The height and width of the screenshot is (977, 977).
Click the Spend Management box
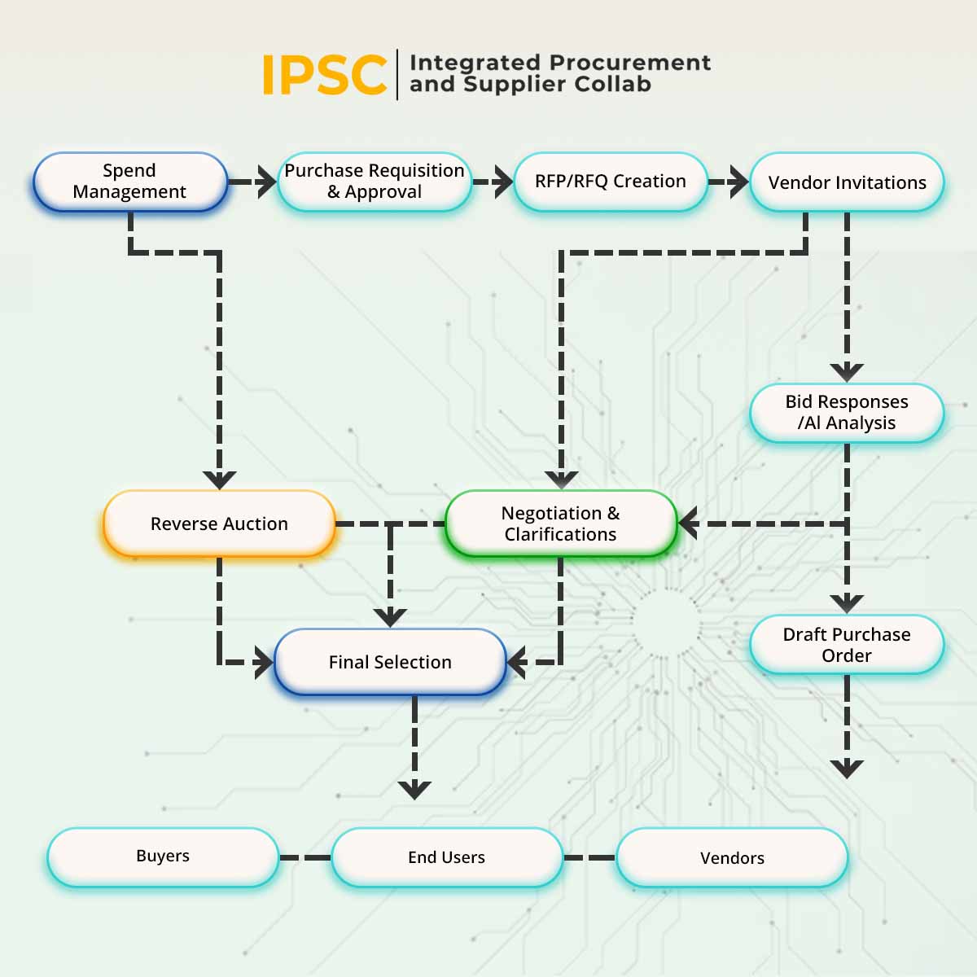coord(129,182)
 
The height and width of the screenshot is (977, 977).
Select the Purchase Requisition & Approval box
coord(375,182)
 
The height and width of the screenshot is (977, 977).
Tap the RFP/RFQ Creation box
coord(611,182)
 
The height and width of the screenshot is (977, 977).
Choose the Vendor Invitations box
coord(847,182)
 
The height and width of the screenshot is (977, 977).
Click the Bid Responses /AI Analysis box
coord(847,413)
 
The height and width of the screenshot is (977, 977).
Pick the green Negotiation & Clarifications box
coord(561,524)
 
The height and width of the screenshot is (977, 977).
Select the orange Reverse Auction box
coord(219,524)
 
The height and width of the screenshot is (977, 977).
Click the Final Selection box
coord(390,662)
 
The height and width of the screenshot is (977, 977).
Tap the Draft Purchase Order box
coord(847,645)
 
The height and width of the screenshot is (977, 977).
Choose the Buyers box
coord(163,857)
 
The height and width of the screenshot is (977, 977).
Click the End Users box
coord(447,857)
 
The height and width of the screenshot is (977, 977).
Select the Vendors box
coord(732,858)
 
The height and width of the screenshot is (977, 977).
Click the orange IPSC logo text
coord(324,75)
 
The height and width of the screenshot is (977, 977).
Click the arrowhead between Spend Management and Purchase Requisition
coord(265,182)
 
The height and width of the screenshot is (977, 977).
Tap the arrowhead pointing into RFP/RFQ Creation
coord(502,182)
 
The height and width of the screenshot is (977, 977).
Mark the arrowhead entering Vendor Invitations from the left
coord(738,182)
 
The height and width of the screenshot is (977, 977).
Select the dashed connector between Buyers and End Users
coord(305,857)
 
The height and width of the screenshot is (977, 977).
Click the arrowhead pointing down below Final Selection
coord(415,789)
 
